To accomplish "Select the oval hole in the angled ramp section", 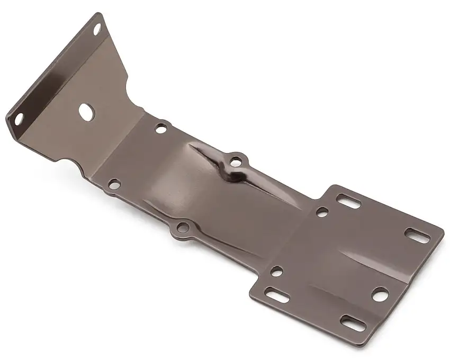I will point(86,110).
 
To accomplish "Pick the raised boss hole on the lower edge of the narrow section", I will point(182,228).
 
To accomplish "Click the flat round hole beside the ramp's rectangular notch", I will point(114,184).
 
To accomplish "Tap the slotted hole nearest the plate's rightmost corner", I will point(417,235).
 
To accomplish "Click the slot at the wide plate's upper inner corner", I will point(348,201).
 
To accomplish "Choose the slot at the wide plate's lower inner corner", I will point(277,295).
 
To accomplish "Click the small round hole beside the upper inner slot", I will point(322,212).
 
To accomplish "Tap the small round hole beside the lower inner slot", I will point(276,271).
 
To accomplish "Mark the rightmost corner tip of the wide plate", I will point(443,232).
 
